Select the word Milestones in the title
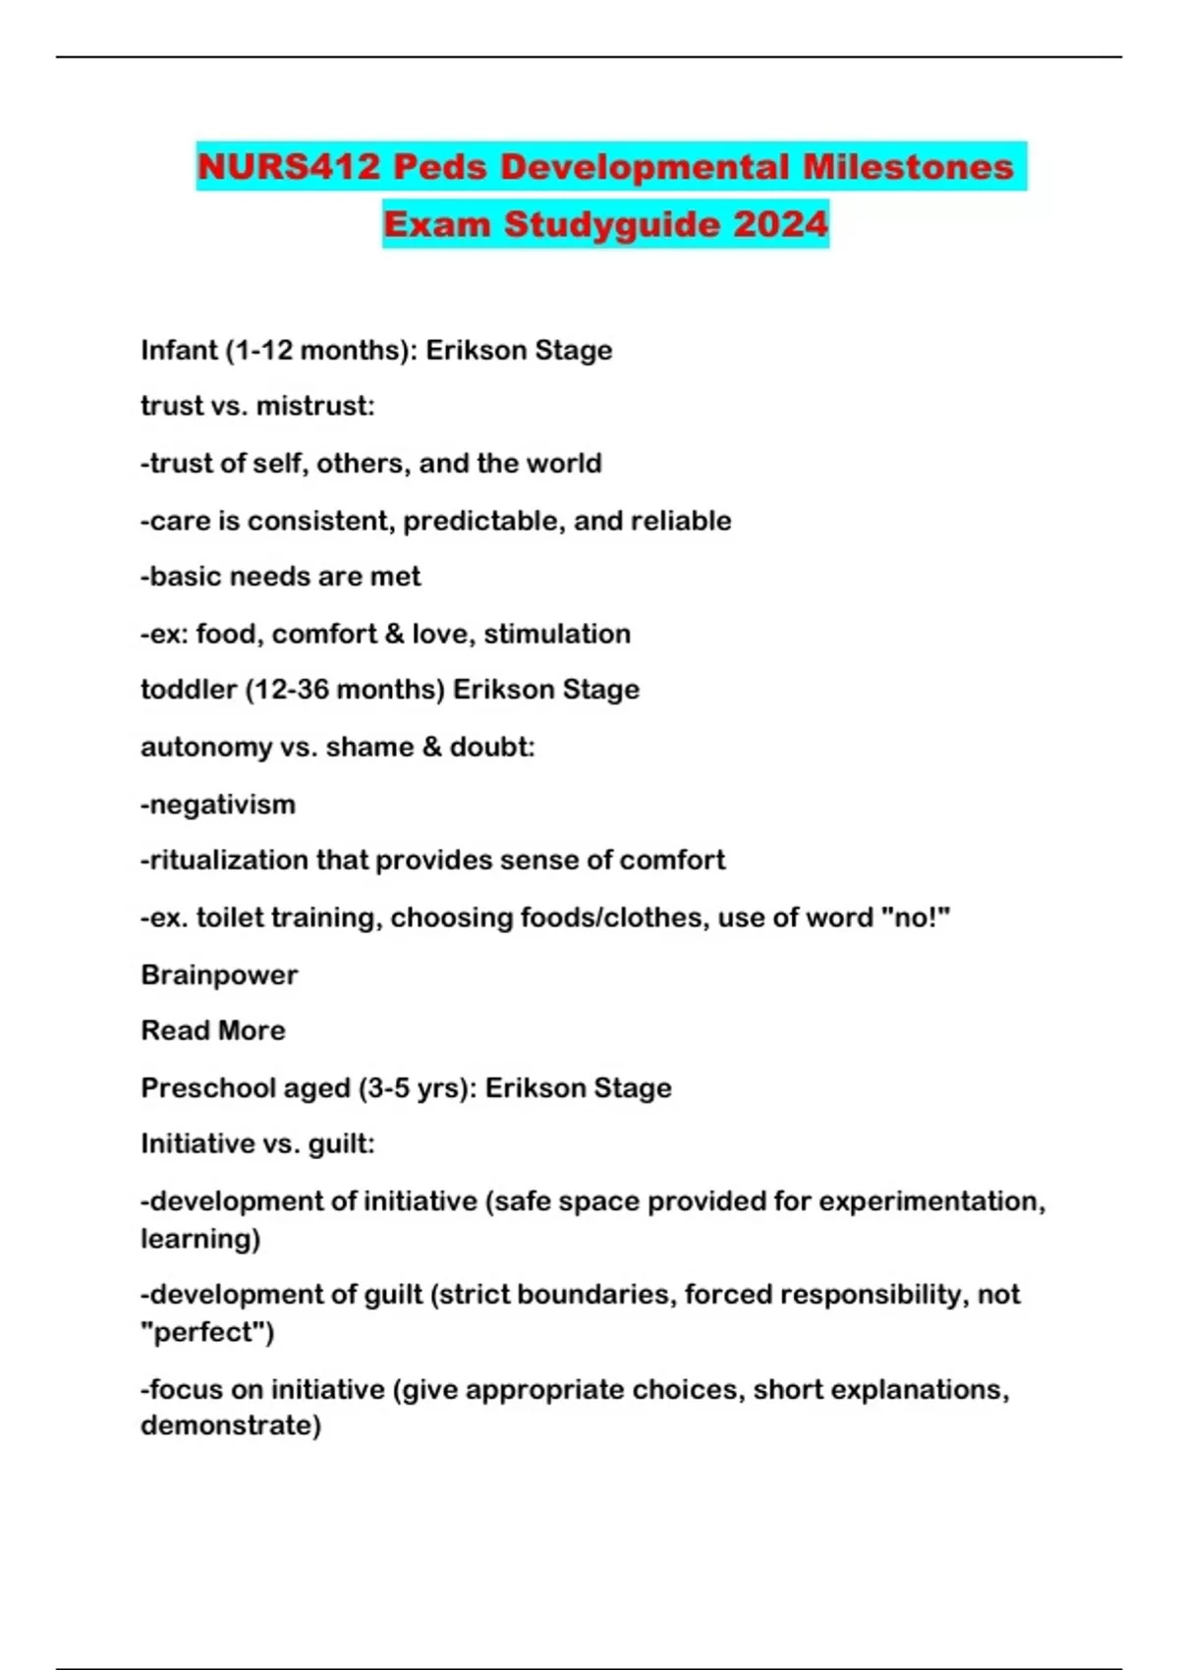tap(908, 167)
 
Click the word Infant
tap(179, 351)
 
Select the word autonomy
tap(205, 748)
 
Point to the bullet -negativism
tap(218, 805)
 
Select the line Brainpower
tap(219, 974)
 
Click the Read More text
tap(213, 1030)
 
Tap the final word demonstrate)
tap(231, 1425)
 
